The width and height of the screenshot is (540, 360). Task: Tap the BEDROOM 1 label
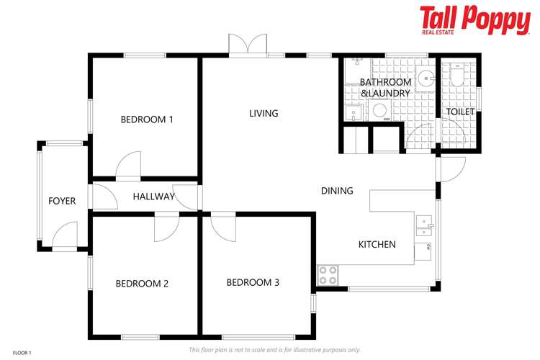click(x=147, y=120)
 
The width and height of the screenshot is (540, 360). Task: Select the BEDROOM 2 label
click(x=142, y=284)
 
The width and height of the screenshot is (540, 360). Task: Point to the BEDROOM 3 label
click(x=253, y=282)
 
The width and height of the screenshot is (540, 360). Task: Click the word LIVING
click(x=264, y=113)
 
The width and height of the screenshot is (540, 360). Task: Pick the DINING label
click(x=337, y=191)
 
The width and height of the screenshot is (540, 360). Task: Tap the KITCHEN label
click(x=377, y=244)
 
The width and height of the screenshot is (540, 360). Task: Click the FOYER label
click(x=62, y=201)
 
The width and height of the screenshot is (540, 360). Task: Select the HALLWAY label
click(x=154, y=196)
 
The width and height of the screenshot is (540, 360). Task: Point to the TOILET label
click(x=460, y=112)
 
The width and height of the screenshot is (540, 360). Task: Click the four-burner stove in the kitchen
click(x=328, y=274)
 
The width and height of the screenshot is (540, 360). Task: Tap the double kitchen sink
click(x=425, y=227)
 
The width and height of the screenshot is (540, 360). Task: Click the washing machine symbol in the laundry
click(x=379, y=111)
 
